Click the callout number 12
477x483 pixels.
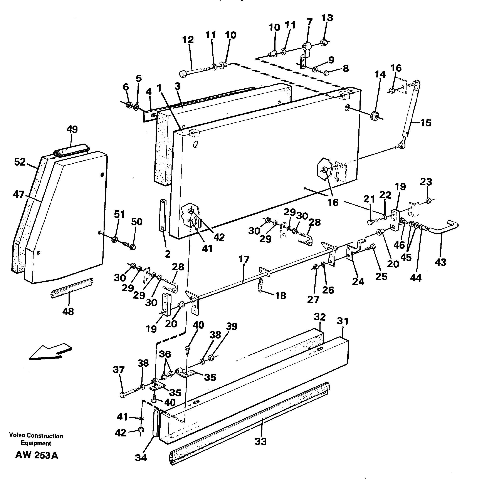188,40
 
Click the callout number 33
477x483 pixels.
260,441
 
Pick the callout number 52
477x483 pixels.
20,162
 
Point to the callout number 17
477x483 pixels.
244,259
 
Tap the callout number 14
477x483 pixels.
380,74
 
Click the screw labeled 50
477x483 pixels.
129,244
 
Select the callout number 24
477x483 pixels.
358,282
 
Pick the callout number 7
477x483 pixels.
309,22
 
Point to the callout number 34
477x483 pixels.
141,458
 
